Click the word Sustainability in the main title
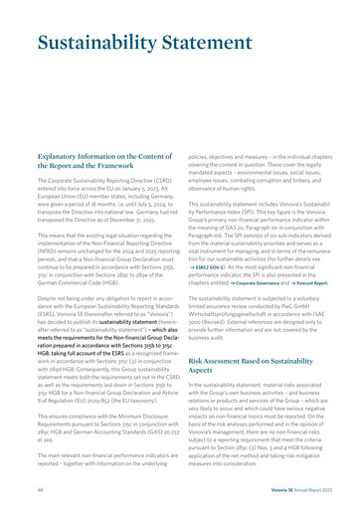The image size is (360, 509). [x=94, y=44]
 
